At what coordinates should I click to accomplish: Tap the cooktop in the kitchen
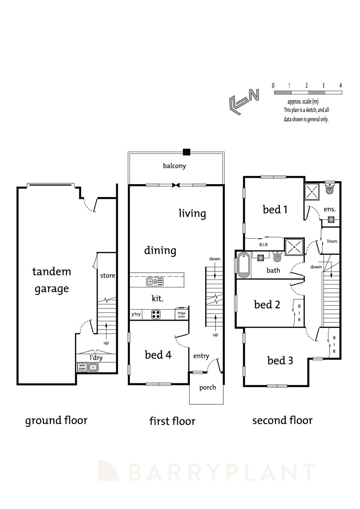(x=156, y=315)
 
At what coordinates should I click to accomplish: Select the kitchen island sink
(x=151, y=282)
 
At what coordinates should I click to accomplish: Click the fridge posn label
(x=181, y=315)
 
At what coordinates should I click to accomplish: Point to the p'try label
(x=136, y=314)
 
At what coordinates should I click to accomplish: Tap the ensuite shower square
(x=312, y=192)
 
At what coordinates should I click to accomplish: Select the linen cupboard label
(x=332, y=241)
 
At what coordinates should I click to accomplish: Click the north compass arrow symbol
(x=244, y=101)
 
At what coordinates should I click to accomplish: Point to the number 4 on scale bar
(x=341, y=85)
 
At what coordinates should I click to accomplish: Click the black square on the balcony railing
(x=187, y=152)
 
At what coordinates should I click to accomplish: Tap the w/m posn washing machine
(x=82, y=367)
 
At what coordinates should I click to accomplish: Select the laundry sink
(x=93, y=367)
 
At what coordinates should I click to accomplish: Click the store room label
(x=108, y=275)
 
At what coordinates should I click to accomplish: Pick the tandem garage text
(x=52, y=280)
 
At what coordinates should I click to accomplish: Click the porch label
(x=208, y=387)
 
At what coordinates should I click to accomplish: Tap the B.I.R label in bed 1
(x=263, y=244)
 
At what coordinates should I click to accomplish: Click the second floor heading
(x=282, y=420)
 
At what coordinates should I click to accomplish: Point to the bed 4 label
(x=158, y=355)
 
